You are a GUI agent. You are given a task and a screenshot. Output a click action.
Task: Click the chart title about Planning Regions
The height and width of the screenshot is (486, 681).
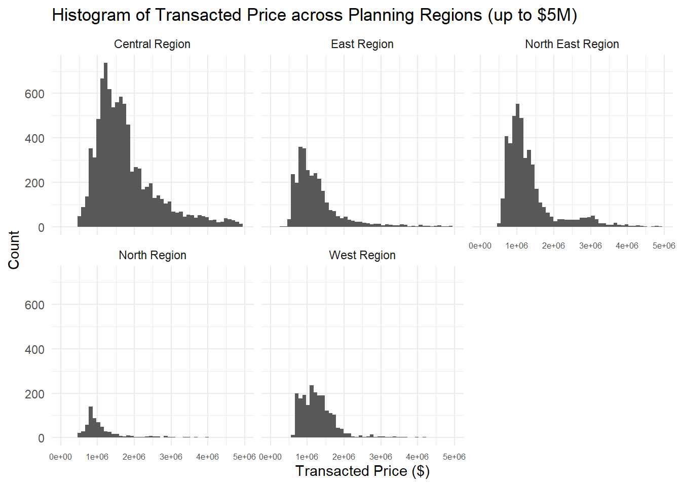click(314, 15)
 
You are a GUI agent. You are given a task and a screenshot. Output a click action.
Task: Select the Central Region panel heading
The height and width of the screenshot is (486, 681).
click(152, 44)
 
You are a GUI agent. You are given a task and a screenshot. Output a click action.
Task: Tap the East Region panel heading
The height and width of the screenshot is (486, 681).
click(362, 44)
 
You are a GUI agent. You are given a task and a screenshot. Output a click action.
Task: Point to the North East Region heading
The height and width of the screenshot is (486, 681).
click(572, 44)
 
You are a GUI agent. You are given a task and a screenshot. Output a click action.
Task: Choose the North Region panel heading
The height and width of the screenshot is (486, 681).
click(152, 255)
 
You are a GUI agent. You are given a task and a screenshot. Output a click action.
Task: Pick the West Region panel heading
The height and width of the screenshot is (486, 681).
click(362, 255)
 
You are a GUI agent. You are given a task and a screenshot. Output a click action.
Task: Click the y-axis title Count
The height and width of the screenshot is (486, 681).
click(14, 250)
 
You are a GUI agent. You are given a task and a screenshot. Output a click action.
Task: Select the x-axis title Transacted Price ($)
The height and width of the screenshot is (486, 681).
click(362, 471)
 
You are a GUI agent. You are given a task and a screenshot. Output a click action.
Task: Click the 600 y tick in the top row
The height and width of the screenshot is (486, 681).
click(34, 94)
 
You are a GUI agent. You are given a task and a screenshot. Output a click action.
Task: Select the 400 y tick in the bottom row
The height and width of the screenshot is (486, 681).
click(34, 349)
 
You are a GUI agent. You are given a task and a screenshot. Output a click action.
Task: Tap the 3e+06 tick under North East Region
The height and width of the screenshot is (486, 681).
click(590, 246)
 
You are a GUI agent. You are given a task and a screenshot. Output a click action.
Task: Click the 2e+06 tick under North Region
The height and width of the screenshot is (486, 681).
click(134, 457)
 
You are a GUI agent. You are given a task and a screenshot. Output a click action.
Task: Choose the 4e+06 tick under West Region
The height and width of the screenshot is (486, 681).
click(417, 457)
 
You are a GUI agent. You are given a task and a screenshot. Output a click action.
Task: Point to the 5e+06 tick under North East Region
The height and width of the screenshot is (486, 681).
click(663, 246)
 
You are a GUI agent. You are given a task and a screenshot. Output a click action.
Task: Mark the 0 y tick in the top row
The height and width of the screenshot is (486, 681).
click(41, 227)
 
